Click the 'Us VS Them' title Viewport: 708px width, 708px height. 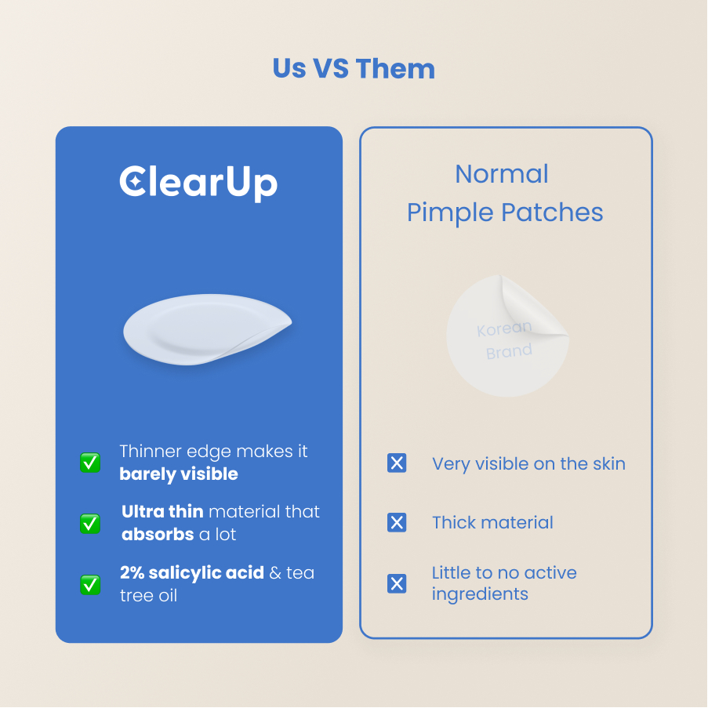click(354, 69)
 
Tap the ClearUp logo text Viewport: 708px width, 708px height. click(198, 183)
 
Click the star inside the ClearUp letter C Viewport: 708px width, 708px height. click(134, 182)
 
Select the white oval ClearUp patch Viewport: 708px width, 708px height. click(208, 329)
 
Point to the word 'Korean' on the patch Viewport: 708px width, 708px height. click(504, 329)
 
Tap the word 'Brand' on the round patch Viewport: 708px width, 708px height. click(510, 351)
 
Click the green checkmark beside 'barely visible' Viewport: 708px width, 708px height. click(90, 463)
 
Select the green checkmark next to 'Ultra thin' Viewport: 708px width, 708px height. click(90, 523)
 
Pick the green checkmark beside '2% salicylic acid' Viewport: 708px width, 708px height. click(90, 585)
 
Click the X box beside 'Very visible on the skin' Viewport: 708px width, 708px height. click(397, 463)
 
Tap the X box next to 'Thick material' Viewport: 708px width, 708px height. click(397, 522)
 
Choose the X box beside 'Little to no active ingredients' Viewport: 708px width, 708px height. click(397, 583)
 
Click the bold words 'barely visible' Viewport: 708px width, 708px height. click(179, 474)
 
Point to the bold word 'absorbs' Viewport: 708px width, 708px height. click(158, 535)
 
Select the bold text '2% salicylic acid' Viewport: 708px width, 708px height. click(192, 573)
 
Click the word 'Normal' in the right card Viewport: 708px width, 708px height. click(502, 174)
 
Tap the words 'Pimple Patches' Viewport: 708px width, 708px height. click(505, 212)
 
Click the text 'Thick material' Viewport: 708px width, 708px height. click(492, 522)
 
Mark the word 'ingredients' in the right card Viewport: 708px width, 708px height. click(480, 594)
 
